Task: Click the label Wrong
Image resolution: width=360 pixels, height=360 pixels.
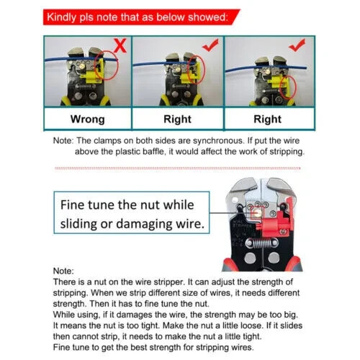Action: pyautogui.click(x=87, y=119)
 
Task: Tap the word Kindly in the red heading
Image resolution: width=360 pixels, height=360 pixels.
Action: pyautogui.click(x=68, y=15)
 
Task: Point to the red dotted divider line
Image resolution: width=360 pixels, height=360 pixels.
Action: pyautogui.click(x=180, y=168)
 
